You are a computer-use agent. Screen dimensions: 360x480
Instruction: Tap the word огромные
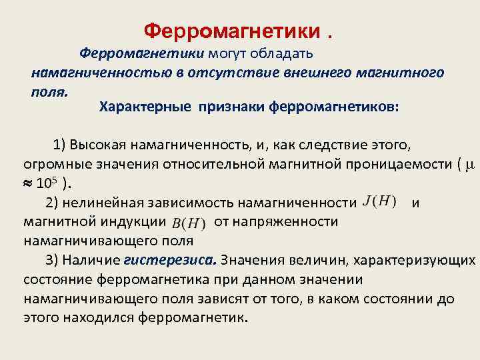pos(51,165)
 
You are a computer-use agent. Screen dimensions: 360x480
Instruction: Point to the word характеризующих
pos(414,259)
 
